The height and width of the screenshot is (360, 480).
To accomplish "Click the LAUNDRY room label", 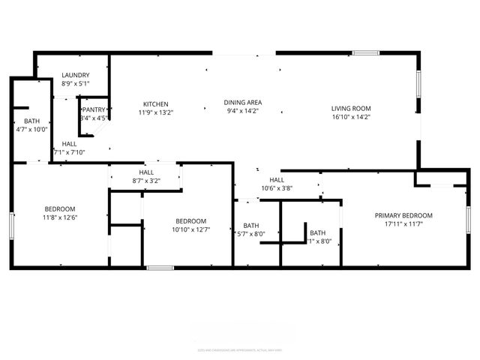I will point(76,75).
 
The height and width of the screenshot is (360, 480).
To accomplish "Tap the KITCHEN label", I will point(156,103).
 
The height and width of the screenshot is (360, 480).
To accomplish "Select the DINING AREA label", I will point(242,102).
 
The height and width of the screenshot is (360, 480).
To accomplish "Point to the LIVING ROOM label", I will point(351,109).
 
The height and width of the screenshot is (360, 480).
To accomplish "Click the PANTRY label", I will point(94,109).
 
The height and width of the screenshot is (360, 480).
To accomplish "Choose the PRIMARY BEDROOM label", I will point(403,215).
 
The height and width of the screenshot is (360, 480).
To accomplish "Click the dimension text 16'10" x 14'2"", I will point(351,117).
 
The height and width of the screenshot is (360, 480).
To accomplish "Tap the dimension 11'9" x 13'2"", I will point(156,112).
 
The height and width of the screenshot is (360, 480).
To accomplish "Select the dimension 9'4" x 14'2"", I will point(242,111).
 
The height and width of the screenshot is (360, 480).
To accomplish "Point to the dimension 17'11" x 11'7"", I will point(403,223).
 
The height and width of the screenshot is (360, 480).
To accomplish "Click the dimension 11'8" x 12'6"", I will point(60,217).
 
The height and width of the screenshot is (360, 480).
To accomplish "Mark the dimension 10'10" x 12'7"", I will point(190,229).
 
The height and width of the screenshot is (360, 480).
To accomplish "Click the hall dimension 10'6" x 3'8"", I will point(277,188).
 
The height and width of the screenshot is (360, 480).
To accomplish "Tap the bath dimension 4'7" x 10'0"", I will point(31,129).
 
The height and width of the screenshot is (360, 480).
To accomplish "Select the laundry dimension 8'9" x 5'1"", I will point(76,83).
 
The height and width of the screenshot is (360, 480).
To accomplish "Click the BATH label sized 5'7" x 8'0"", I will point(250,226).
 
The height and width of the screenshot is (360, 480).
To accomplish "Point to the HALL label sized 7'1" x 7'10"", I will point(69,143).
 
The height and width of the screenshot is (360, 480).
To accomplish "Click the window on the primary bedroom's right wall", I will point(469,223).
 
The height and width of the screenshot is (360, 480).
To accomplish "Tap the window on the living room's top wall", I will point(366,52).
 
